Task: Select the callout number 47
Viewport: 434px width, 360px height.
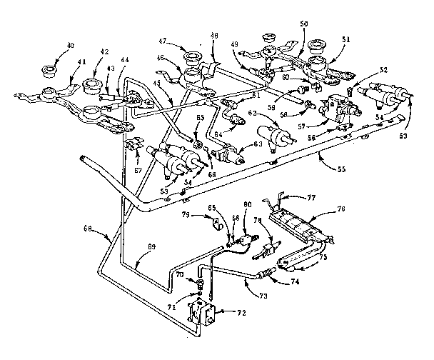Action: click(163, 42)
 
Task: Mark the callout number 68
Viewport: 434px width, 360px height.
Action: click(90, 229)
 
